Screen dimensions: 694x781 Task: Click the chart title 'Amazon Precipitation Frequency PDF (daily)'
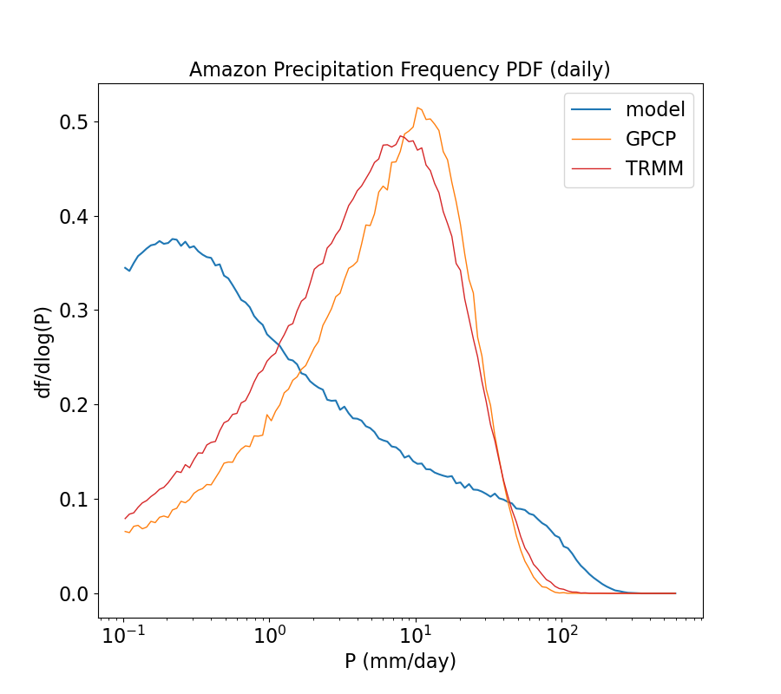coord(400,69)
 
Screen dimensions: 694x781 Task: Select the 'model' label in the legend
coord(655,109)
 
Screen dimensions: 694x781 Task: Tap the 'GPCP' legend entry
coord(651,140)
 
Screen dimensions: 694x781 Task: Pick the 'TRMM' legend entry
coord(654,169)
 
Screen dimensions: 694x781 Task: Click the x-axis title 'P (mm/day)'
coord(400,661)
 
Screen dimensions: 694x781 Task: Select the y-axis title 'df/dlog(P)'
coord(43,350)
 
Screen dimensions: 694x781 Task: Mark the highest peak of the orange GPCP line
coord(417,108)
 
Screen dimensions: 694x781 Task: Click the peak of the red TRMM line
coord(400,135)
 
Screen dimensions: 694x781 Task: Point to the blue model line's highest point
coord(173,239)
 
